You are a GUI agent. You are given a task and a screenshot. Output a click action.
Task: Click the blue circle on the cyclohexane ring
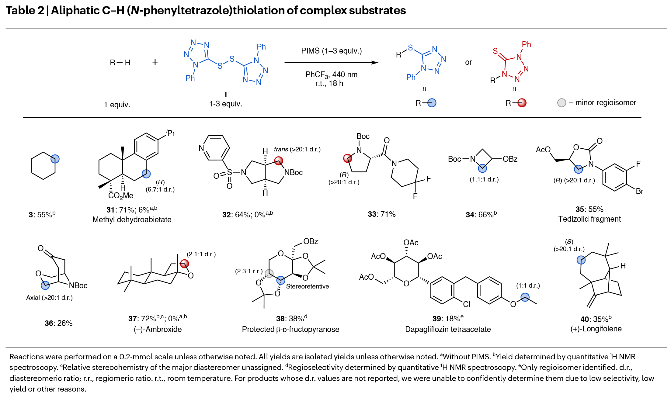click(x=55, y=159)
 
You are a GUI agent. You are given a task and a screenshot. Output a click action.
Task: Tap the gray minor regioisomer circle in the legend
click(x=561, y=103)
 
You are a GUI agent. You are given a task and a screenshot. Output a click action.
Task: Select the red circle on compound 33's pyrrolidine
click(x=347, y=158)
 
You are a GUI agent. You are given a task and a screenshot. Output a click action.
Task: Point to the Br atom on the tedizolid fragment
click(x=639, y=191)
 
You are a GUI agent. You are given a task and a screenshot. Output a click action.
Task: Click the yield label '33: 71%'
click(x=381, y=214)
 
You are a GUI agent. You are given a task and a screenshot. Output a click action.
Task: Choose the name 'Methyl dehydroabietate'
click(x=132, y=220)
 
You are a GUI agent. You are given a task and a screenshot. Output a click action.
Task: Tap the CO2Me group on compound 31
click(x=121, y=195)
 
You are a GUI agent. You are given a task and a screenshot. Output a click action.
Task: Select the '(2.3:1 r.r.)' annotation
click(x=249, y=271)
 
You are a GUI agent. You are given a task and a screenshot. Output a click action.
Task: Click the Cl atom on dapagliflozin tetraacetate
click(x=466, y=304)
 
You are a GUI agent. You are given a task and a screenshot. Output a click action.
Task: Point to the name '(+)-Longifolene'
click(x=596, y=329)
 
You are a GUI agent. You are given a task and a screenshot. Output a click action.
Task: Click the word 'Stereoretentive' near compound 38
click(x=307, y=286)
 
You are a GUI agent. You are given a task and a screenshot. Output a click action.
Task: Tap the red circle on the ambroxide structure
click(x=184, y=264)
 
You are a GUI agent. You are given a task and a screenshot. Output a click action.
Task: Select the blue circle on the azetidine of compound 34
click(x=482, y=168)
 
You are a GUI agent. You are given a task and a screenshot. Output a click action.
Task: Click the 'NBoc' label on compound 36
click(x=78, y=285)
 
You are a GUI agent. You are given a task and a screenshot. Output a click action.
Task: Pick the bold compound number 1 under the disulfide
click(x=225, y=95)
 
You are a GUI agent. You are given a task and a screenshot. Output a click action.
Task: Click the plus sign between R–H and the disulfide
click(x=155, y=62)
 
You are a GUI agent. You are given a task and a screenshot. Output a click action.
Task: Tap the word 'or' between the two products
click(x=468, y=62)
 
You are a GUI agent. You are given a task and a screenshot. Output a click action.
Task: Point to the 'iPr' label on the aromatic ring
click(x=170, y=133)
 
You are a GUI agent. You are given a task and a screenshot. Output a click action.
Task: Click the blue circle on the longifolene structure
click(x=581, y=260)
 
